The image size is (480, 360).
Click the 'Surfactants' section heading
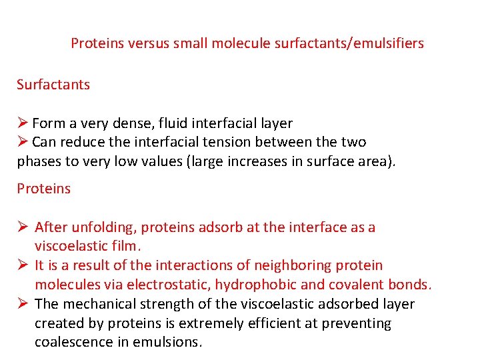pos(53,85)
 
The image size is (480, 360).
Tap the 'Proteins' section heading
pos(43,189)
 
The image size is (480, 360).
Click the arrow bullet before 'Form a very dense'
pos(22,123)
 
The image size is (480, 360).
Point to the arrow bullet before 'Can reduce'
pos(22,142)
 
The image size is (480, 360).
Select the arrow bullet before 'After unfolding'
pos(23,227)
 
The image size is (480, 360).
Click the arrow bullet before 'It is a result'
pos(23,265)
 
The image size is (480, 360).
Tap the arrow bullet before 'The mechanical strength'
pos(23,304)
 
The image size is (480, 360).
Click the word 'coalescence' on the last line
pos(73,342)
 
